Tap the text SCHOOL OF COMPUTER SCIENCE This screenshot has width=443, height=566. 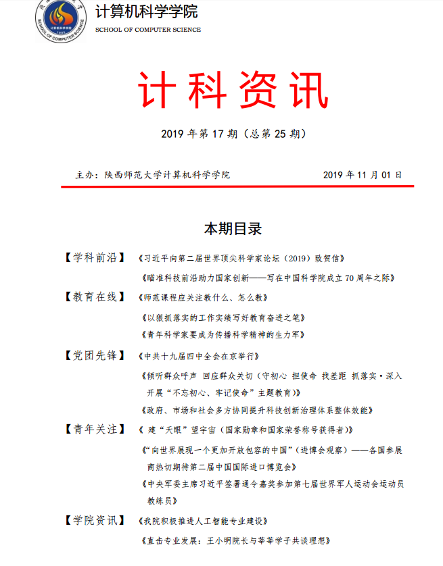(x=148, y=31)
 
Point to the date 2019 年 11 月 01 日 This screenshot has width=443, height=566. (x=363, y=174)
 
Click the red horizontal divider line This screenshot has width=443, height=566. (x=237, y=186)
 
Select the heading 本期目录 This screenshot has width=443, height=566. (x=233, y=228)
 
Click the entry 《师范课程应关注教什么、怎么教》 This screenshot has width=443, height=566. (x=204, y=297)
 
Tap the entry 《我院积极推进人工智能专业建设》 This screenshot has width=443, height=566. (x=204, y=521)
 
